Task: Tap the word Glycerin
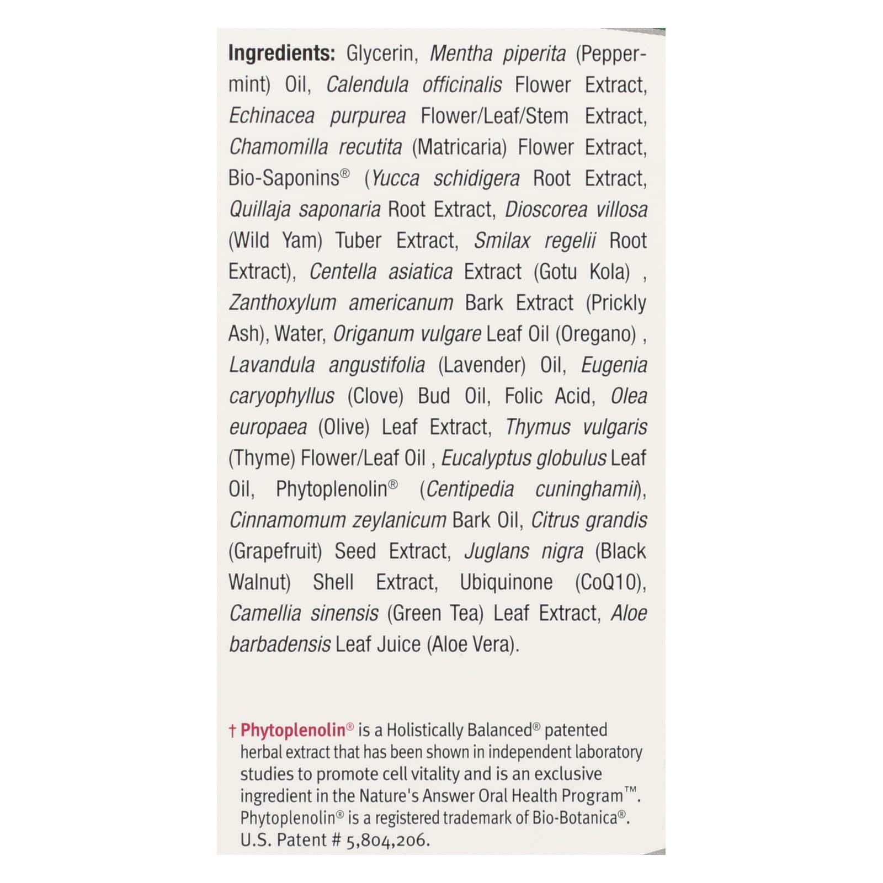coord(380,54)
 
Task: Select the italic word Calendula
coord(367,85)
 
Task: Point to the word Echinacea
coord(272,116)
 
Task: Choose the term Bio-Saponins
coord(284,178)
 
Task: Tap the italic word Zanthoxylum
coord(282,303)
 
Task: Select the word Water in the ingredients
coord(298,334)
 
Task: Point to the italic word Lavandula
coord(272,365)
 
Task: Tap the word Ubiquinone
coord(506,582)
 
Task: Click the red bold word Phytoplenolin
coord(293,730)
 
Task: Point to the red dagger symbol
coord(232,731)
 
